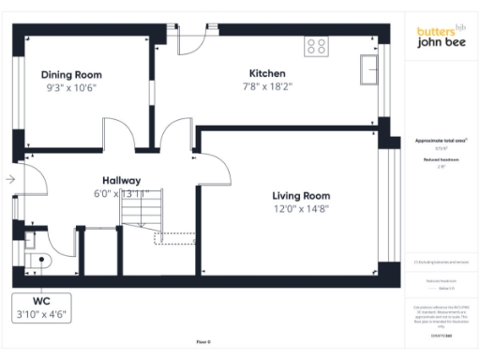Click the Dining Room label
click(71, 74)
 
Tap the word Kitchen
click(266, 73)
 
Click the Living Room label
click(301, 195)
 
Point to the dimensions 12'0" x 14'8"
click(301, 209)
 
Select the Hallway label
click(121, 180)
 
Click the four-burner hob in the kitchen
click(316, 44)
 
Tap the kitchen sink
click(369, 67)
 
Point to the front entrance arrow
click(9, 178)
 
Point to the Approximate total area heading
click(442, 140)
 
